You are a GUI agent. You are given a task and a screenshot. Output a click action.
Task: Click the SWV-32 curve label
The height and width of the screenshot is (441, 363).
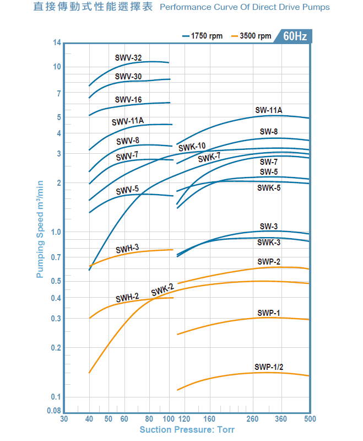click(x=128, y=58)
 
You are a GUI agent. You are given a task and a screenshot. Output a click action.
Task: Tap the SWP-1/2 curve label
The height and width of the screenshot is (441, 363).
click(x=269, y=367)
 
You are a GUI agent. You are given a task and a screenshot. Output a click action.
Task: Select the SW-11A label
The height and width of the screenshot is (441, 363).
click(x=269, y=110)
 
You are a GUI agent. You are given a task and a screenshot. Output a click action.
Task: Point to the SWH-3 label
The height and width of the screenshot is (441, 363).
click(x=127, y=249)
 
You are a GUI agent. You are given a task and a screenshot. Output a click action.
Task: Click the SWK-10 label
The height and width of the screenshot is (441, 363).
click(x=192, y=147)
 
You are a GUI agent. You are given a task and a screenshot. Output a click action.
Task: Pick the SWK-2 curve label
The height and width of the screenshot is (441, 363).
click(x=162, y=290)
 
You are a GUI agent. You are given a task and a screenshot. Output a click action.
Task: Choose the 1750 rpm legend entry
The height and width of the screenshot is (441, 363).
click(x=202, y=36)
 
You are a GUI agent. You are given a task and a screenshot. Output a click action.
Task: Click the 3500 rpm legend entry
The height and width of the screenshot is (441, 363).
click(x=251, y=36)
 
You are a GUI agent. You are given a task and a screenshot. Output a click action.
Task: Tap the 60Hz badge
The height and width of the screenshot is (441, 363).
click(x=295, y=36)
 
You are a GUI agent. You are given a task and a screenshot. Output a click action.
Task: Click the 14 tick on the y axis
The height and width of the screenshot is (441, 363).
click(x=57, y=43)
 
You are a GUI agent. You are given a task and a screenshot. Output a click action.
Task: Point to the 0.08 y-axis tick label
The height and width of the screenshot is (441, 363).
click(x=54, y=411)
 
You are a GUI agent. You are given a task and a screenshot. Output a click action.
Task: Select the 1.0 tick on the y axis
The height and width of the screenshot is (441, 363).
click(x=56, y=232)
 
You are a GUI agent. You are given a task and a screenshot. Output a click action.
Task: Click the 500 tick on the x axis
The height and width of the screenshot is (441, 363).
click(x=310, y=419)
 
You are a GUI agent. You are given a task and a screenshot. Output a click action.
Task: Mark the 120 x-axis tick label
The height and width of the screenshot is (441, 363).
click(x=185, y=419)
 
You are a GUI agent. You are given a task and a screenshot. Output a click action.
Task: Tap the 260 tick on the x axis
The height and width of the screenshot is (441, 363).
click(x=252, y=419)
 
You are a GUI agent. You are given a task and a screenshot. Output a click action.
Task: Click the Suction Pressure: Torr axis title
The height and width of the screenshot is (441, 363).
click(x=187, y=430)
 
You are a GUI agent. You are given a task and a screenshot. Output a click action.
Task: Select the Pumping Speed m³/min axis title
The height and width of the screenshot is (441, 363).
click(x=40, y=229)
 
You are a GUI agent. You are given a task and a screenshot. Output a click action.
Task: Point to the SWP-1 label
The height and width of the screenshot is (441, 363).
click(x=269, y=313)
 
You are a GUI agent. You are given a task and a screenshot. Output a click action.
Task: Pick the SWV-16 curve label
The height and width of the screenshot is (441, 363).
click(x=128, y=100)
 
